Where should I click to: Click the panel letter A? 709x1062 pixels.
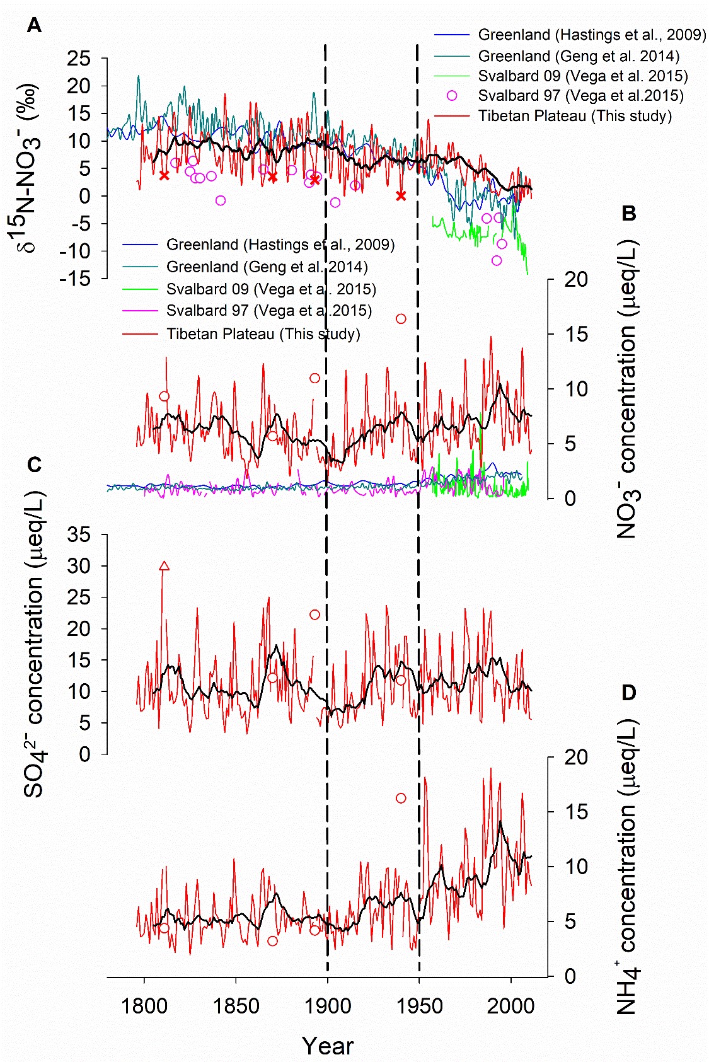(x=34, y=26)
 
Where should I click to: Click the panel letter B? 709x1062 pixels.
(x=629, y=214)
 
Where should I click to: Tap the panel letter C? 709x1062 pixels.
(x=34, y=465)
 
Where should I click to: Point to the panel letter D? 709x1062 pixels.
(x=629, y=693)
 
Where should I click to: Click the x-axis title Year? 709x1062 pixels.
(x=328, y=1046)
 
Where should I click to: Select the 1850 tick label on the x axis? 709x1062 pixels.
(x=236, y=1005)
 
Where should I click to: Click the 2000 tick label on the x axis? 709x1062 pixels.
(x=510, y=1005)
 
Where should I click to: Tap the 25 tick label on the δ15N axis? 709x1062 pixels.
(x=79, y=59)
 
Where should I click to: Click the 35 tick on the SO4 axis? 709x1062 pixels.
(x=79, y=535)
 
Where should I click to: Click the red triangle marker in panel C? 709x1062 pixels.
(x=164, y=566)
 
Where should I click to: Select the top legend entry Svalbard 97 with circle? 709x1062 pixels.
(x=580, y=96)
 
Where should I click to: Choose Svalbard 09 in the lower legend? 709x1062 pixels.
(x=271, y=289)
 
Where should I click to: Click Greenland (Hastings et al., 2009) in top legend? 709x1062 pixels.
(x=591, y=35)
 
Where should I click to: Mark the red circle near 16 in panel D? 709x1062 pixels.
(x=401, y=798)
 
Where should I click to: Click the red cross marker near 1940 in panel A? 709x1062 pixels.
(x=401, y=196)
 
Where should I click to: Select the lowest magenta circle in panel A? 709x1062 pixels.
(x=497, y=260)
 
